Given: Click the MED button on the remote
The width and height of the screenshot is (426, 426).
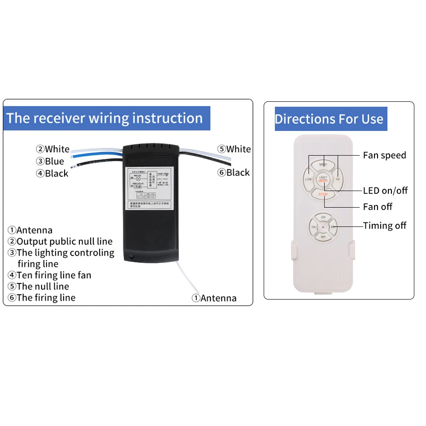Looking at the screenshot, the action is coord(323,165).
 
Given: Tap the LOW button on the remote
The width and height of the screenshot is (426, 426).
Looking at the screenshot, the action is coord(309,179).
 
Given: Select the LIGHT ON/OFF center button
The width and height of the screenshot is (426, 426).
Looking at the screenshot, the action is coord(323,179).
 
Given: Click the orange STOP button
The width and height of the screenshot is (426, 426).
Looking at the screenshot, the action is coord(323,194).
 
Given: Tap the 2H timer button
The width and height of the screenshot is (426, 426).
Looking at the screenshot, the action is coord(323,217).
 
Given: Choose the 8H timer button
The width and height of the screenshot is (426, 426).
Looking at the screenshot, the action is coord(323,236).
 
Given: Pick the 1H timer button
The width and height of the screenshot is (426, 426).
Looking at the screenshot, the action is coord(313,227).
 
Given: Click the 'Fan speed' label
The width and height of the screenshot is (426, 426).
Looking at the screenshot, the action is coord(384,155).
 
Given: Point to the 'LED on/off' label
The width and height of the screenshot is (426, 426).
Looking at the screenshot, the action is coord(385,191).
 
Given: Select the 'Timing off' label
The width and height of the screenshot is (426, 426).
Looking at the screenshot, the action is coord(384,226).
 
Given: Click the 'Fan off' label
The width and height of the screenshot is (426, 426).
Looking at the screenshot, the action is coord(378,207).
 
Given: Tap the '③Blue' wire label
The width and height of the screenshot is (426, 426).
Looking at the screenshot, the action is coord(50,161).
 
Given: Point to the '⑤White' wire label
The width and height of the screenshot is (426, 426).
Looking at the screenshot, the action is coord(234,149).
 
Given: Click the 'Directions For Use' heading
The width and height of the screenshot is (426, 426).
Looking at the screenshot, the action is coord(329,119).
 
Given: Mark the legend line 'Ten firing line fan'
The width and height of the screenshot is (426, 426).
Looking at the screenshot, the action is coord(49,275).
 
